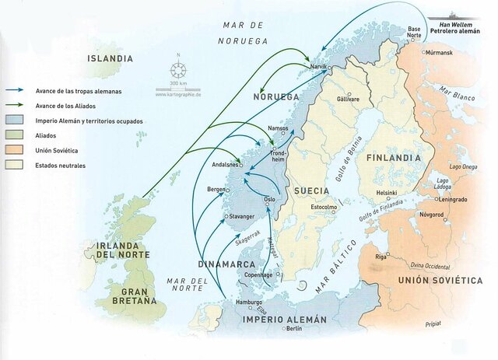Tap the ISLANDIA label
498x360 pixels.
pyautogui.click(x=110, y=58)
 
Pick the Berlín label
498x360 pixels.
pyautogui.click(x=293, y=328)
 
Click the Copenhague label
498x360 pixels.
pyautogui.click(x=256, y=274)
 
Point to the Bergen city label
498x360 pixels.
pyautogui.click(x=216, y=190)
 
